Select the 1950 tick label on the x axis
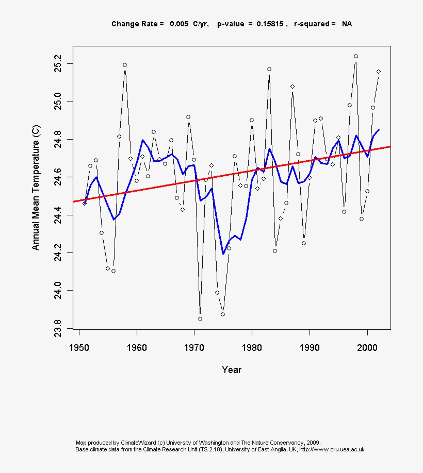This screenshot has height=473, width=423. [79, 346]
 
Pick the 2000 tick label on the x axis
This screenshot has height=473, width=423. [367, 346]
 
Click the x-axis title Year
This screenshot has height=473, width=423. [232, 369]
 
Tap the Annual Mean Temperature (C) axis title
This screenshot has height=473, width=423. [36, 188]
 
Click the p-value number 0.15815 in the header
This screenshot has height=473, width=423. [270, 24]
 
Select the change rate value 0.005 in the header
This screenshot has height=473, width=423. [178, 24]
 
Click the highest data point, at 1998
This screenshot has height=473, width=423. [356, 56]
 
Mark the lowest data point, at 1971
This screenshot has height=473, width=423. [200, 319]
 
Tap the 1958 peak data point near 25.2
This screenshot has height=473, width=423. [125, 65]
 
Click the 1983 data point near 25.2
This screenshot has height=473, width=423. [269, 69]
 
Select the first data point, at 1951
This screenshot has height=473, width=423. [85, 203]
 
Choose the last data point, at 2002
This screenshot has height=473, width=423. [379, 72]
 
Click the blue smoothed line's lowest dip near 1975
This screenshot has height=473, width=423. [223, 254]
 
